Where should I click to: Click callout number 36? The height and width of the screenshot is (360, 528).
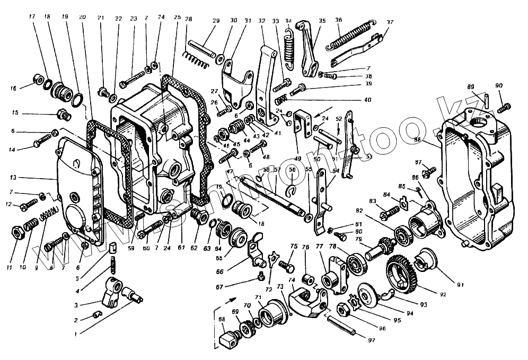(x=338, y=20)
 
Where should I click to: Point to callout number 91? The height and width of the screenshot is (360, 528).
(x=460, y=285)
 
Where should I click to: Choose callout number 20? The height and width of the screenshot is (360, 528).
(x=82, y=17)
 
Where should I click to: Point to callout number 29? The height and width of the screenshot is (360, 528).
(x=216, y=21)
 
